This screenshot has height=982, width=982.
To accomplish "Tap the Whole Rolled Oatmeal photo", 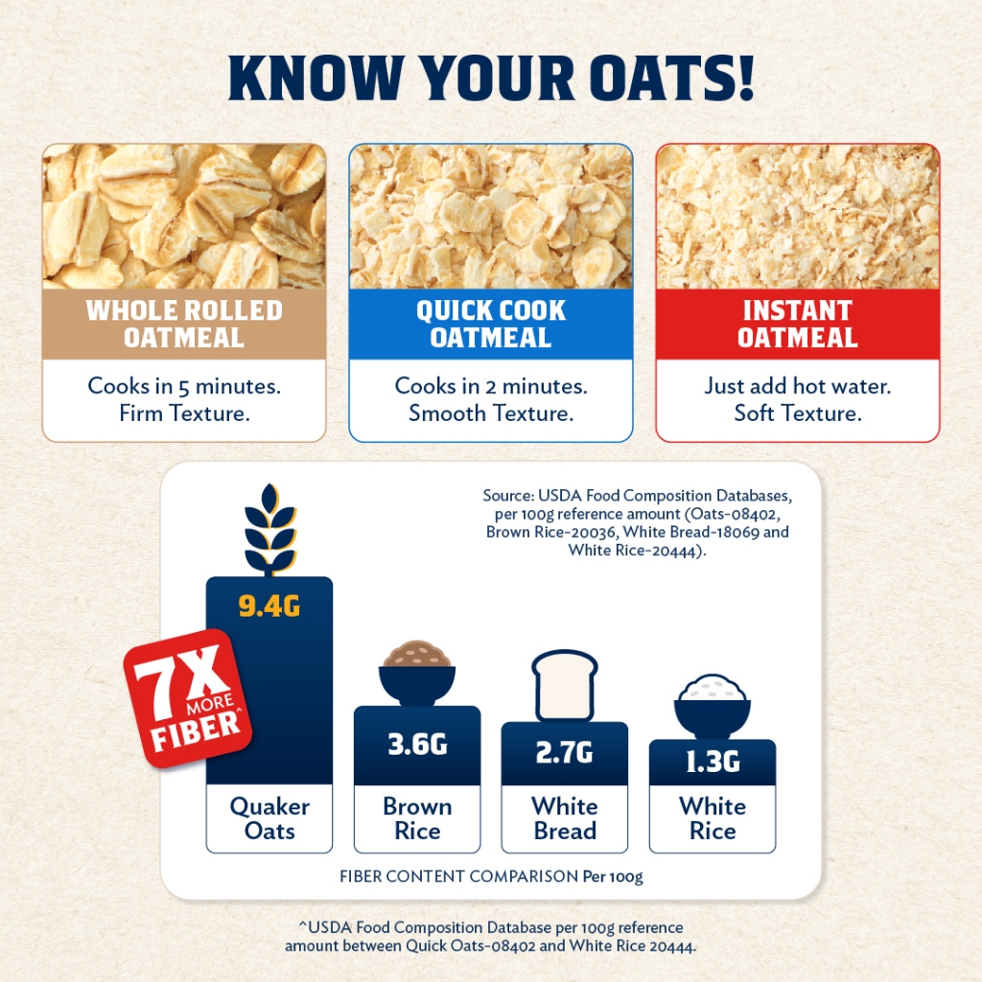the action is click(x=184, y=216).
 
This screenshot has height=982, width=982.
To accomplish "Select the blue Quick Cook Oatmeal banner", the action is click(x=491, y=324).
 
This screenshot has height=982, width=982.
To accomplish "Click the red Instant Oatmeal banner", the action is click(x=797, y=324).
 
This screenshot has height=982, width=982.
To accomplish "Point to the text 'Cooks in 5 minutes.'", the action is click(x=184, y=386).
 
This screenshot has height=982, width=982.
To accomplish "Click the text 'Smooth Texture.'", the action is click(x=491, y=413).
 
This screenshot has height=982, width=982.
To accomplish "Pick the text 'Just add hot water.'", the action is click(x=797, y=386).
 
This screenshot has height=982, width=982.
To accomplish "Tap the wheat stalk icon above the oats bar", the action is click(x=269, y=529).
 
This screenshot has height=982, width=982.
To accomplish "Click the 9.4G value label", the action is click(x=269, y=606).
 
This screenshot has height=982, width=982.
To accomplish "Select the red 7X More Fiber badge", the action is click(x=188, y=698).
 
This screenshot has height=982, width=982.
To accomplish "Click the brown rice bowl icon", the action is click(x=417, y=672).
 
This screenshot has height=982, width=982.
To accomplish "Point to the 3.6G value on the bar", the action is click(x=417, y=744).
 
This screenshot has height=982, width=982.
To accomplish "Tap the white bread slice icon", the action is click(x=565, y=685).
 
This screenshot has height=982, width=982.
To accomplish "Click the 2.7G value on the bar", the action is click(x=564, y=752).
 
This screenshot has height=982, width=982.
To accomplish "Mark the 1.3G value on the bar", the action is click(x=713, y=761).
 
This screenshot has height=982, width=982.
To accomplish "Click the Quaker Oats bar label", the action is click(x=269, y=819).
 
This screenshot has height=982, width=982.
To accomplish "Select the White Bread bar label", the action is click(x=564, y=819).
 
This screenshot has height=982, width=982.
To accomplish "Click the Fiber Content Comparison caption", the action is click(x=491, y=877).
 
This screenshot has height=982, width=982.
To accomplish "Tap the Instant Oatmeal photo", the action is click(x=797, y=216).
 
